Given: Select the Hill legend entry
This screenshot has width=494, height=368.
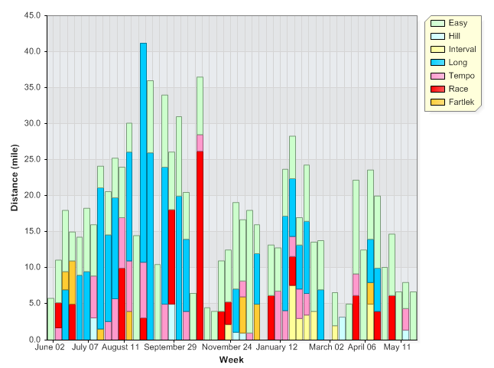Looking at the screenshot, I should point(454,36).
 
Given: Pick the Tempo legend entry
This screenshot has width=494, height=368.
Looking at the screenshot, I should point(461,76).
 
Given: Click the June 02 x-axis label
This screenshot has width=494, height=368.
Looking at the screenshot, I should point(50,347).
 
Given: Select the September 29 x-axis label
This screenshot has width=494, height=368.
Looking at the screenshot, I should point(171,347).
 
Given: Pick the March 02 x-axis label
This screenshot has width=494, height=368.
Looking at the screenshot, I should point(327,347).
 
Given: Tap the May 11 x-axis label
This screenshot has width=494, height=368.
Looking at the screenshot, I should point(397,347).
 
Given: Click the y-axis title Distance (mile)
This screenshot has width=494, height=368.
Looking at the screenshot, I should point(15,177).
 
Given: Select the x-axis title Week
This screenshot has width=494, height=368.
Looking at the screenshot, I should point(231,360).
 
